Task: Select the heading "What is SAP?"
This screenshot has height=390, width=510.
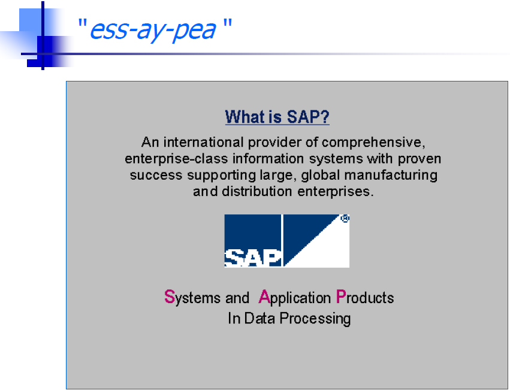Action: point(277,116)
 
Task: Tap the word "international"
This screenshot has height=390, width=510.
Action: point(203,142)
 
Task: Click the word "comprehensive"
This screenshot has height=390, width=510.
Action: point(373,143)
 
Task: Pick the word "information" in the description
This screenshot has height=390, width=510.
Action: point(268,158)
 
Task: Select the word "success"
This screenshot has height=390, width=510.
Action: point(156,176)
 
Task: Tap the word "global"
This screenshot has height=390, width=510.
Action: point(321,176)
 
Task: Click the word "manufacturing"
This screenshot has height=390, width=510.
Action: point(391,176)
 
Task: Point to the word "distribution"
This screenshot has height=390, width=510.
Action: point(258,191)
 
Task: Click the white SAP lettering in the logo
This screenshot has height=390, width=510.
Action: point(253,258)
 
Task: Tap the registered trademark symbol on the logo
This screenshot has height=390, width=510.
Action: point(345,218)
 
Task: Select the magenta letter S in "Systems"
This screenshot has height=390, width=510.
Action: point(170,297)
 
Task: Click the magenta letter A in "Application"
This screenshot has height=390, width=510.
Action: point(264,297)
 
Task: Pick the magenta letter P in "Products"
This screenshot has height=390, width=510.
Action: point(340,297)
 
